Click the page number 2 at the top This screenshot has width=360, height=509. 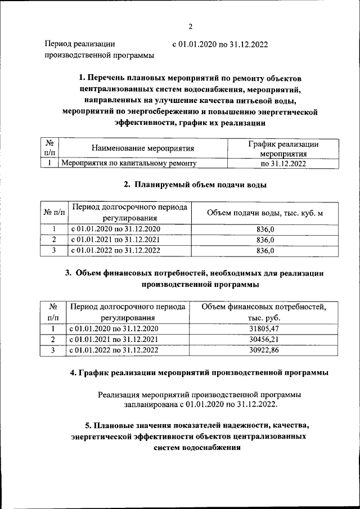click(190, 26)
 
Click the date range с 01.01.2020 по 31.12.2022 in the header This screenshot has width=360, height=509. click(219, 44)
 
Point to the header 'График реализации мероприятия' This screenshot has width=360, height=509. click(283, 148)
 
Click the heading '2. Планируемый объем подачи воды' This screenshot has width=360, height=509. click(194, 184)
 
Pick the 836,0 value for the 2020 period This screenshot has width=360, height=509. click(265, 229)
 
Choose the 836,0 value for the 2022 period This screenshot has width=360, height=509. click(265, 250)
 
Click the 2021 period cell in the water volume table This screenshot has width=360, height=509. click(115, 240)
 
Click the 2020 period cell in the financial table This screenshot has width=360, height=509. click(115, 328)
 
